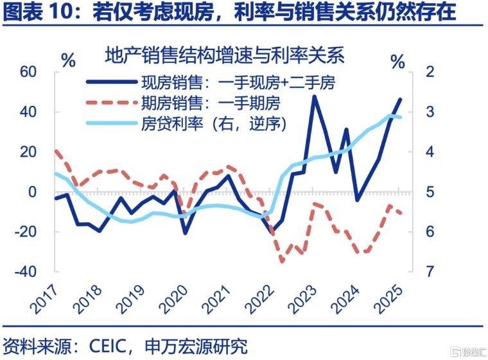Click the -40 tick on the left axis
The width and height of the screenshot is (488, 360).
click(x=26, y=271)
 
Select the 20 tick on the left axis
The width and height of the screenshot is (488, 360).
click(x=29, y=152)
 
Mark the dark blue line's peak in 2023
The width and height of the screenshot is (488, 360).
click(x=314, y=96)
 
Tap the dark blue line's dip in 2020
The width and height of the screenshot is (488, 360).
click(x=186, y=232)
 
